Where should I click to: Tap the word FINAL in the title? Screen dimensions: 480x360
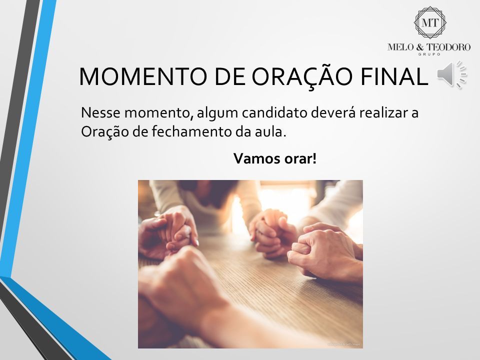394,76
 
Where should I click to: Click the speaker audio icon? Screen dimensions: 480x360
451,74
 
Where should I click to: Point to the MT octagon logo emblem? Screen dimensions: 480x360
430,22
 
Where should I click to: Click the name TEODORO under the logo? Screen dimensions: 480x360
449,47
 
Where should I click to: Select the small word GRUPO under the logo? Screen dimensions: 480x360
429,54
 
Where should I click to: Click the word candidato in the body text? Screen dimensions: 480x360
274,112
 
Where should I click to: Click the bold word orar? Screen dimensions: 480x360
300,158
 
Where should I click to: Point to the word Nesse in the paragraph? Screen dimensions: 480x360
100,112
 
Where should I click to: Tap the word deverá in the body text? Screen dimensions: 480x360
333,112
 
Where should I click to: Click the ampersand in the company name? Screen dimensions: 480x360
420,47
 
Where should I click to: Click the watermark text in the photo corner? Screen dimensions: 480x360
344,344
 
